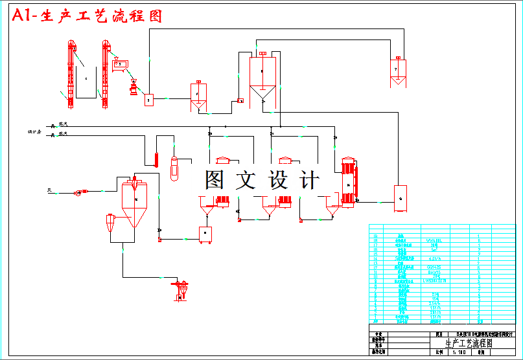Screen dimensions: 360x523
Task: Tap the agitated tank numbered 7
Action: coord(397,70)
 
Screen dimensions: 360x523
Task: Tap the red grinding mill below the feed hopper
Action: coord(134,87)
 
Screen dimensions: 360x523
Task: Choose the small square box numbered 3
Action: coord(148,100)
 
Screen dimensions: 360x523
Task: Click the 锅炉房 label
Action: coord(34,132)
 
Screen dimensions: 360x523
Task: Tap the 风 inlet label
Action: coord(49,190)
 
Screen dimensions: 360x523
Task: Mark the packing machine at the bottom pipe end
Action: coord(180,288)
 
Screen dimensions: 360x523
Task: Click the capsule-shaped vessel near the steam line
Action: coord(173,168)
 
